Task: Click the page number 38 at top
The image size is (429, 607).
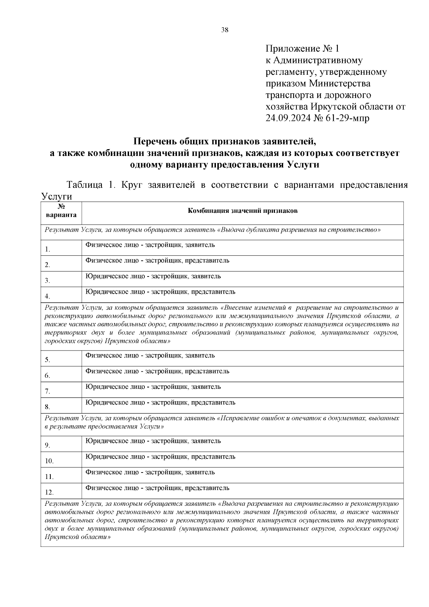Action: [225, 30]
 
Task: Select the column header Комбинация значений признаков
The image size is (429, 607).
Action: [243, 211]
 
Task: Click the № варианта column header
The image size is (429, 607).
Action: [61, 211]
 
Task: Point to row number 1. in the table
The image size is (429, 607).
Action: [48, 249]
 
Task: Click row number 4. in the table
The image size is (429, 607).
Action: [48, 296]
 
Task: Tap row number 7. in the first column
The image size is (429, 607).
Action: [48, 391]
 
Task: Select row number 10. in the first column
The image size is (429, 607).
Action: [49, 461]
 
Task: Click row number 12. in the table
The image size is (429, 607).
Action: [49, 493]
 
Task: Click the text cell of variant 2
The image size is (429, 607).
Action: [157, 261]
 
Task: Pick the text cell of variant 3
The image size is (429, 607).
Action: [153, 276]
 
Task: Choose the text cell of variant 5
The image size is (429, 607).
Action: [150, 356]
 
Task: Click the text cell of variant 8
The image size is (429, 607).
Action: [160, 403]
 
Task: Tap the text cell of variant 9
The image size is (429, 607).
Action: [153, 441]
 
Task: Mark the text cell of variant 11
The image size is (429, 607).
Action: [150, 472]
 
